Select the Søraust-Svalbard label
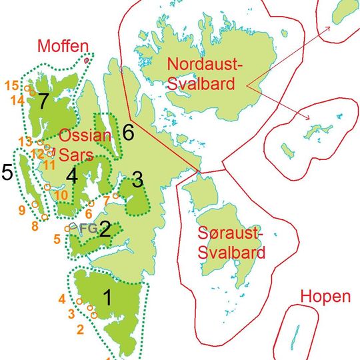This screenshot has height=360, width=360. tap(232, 243)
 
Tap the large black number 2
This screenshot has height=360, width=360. tap(104, 231)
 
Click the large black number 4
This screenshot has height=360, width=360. tap(72, 178)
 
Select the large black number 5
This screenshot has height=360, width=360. tap(7, 173)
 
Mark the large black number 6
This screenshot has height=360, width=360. tap(129, 132)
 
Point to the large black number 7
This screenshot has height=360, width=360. tap(44, 101)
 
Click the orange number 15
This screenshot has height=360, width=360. tap(11, 85)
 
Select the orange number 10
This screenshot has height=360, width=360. tap(61, 195)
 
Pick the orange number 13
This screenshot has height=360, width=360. tap(25, 141)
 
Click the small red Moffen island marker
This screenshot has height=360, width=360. tap(87, 61)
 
